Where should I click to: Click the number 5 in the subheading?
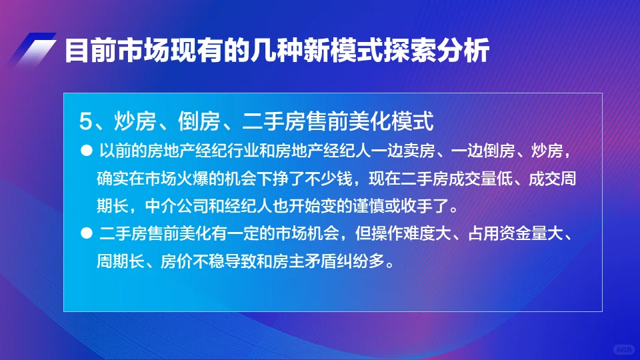[84, 121]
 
